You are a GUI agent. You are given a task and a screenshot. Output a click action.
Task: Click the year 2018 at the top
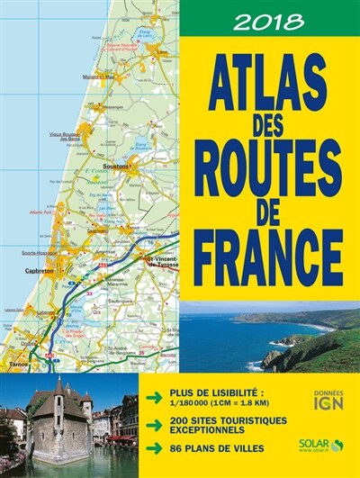point(268,19)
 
